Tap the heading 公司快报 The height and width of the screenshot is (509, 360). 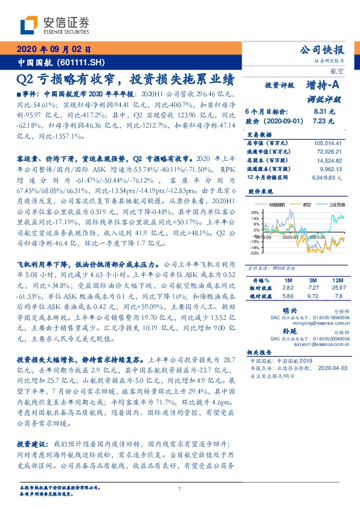(326, 50)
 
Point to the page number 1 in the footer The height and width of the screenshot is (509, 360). (179, 489)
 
